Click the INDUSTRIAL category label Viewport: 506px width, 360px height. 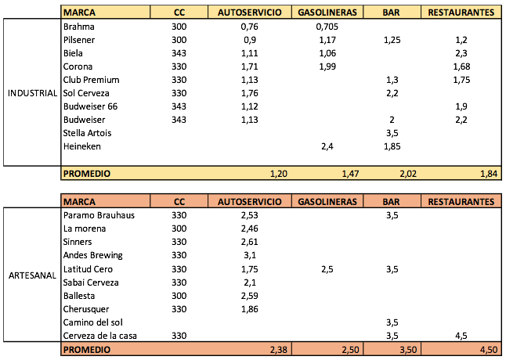coord(32,93)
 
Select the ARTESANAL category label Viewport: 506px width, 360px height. coord(32,275)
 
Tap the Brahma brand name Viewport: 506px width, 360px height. coord(79,27)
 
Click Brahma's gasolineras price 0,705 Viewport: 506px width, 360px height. coord(327,27)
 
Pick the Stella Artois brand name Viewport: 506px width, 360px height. coord(87,133)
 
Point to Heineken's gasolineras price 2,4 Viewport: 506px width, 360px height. coord(327,146)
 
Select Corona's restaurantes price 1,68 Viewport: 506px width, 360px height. coord(461,67)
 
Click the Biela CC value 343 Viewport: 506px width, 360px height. coord(179,53)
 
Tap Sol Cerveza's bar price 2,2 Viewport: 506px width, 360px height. coord(392,93)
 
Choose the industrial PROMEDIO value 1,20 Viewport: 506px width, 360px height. coord(279,174)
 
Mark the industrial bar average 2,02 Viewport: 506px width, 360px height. coord(408,174)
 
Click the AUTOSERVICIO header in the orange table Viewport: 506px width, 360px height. coord(249,202)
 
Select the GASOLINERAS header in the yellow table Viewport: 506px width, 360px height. coord(327,13)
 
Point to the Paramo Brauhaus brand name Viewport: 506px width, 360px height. coord(99,215)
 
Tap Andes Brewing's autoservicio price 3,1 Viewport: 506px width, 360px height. coord(249,255)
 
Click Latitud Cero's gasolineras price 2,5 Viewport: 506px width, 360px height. coord(327,269)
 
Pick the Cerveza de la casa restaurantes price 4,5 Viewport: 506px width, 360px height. coord(461,336)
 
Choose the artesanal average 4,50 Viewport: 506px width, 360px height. coord(489,350)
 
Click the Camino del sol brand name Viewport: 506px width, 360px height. coord(93,322)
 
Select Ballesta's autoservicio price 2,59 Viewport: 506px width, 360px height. coord(249,296)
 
